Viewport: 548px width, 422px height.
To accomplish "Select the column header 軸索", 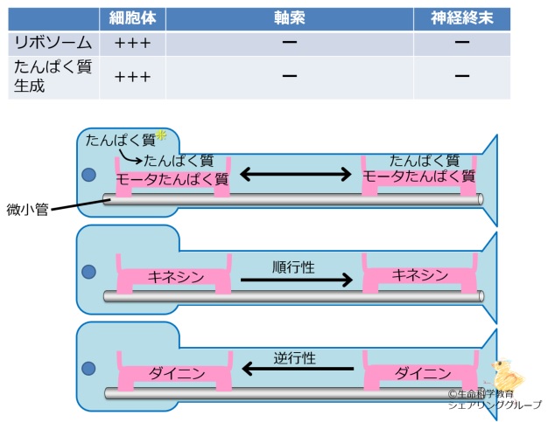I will (289, 18).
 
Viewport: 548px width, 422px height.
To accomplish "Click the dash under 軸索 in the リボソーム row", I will (289, 42).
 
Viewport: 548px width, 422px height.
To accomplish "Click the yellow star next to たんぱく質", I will (161, 136).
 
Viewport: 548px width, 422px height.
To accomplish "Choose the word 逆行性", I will (294, 357).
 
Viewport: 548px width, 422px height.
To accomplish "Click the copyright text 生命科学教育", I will (485, 394).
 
